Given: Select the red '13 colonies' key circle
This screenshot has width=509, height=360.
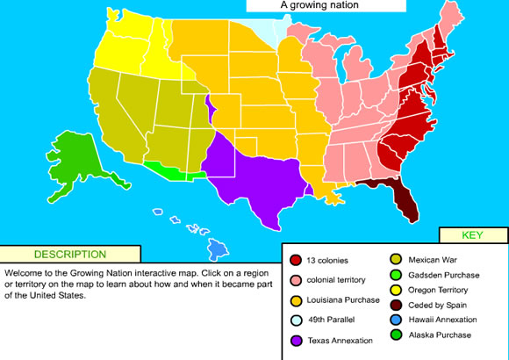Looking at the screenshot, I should (x=296, y=261).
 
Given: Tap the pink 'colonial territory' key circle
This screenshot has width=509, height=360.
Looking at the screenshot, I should (x=296, y=279).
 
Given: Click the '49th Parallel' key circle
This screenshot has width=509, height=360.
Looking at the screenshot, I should (x=296, y=320).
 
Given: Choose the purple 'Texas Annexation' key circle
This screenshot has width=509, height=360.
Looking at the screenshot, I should (x=296, y=340).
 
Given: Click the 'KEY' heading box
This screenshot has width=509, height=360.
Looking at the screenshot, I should (x=472, y=235).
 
